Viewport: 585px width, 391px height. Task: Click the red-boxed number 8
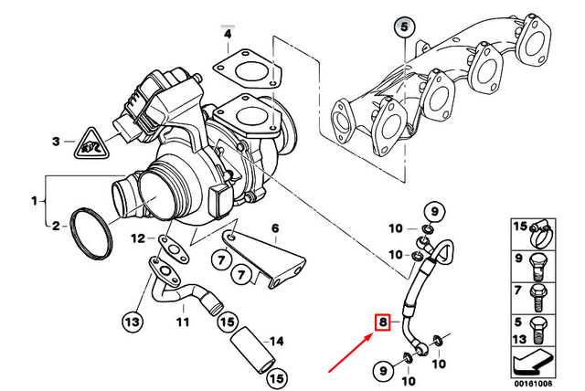383,322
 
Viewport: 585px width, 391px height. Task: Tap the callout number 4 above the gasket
227,34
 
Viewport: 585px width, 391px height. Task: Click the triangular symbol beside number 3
90,143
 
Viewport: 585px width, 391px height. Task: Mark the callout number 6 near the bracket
272,227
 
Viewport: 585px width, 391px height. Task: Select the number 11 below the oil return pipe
181,322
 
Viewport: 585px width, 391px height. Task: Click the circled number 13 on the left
133,321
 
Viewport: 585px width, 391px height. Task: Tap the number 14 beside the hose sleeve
279,341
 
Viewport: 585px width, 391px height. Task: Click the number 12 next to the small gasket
136,238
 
